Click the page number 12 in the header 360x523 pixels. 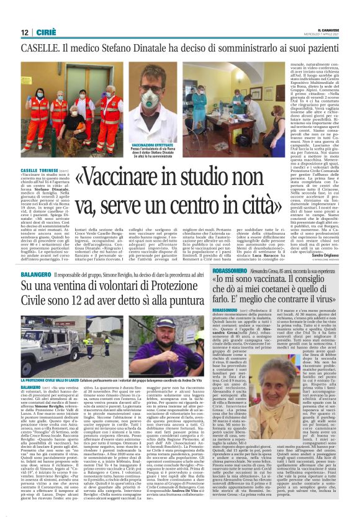tap(24, 32)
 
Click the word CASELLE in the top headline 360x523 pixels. tap(40, 48)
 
